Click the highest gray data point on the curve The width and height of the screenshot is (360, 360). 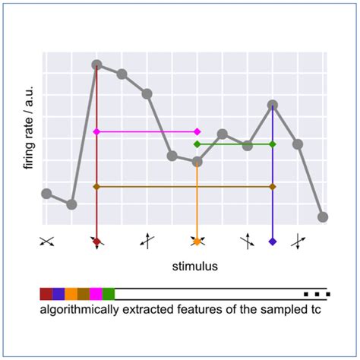(x=96, y=65)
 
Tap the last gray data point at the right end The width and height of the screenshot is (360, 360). (x=323, y=216)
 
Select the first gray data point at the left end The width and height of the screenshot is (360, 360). (x=46, y=194)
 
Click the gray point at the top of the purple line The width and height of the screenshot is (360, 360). (x=273, y=105)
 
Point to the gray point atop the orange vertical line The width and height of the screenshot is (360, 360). (x=197, y=161)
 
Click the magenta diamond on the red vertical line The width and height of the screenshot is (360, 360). (x=96, y=131)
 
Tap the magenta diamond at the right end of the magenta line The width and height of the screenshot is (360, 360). (x=197, y=131)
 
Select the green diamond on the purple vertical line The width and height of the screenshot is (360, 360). (x=273, y=144)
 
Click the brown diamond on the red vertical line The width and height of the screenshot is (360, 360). (x=96, y=186)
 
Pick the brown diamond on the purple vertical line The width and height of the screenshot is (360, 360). (x=273, y=186)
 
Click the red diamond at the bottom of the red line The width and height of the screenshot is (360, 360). (x=96, y=242)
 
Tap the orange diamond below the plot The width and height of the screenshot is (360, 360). (x=197, y=242)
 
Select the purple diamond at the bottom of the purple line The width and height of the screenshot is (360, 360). (x=273, y=242)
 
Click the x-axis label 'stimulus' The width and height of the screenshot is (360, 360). (x=194, y=267)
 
